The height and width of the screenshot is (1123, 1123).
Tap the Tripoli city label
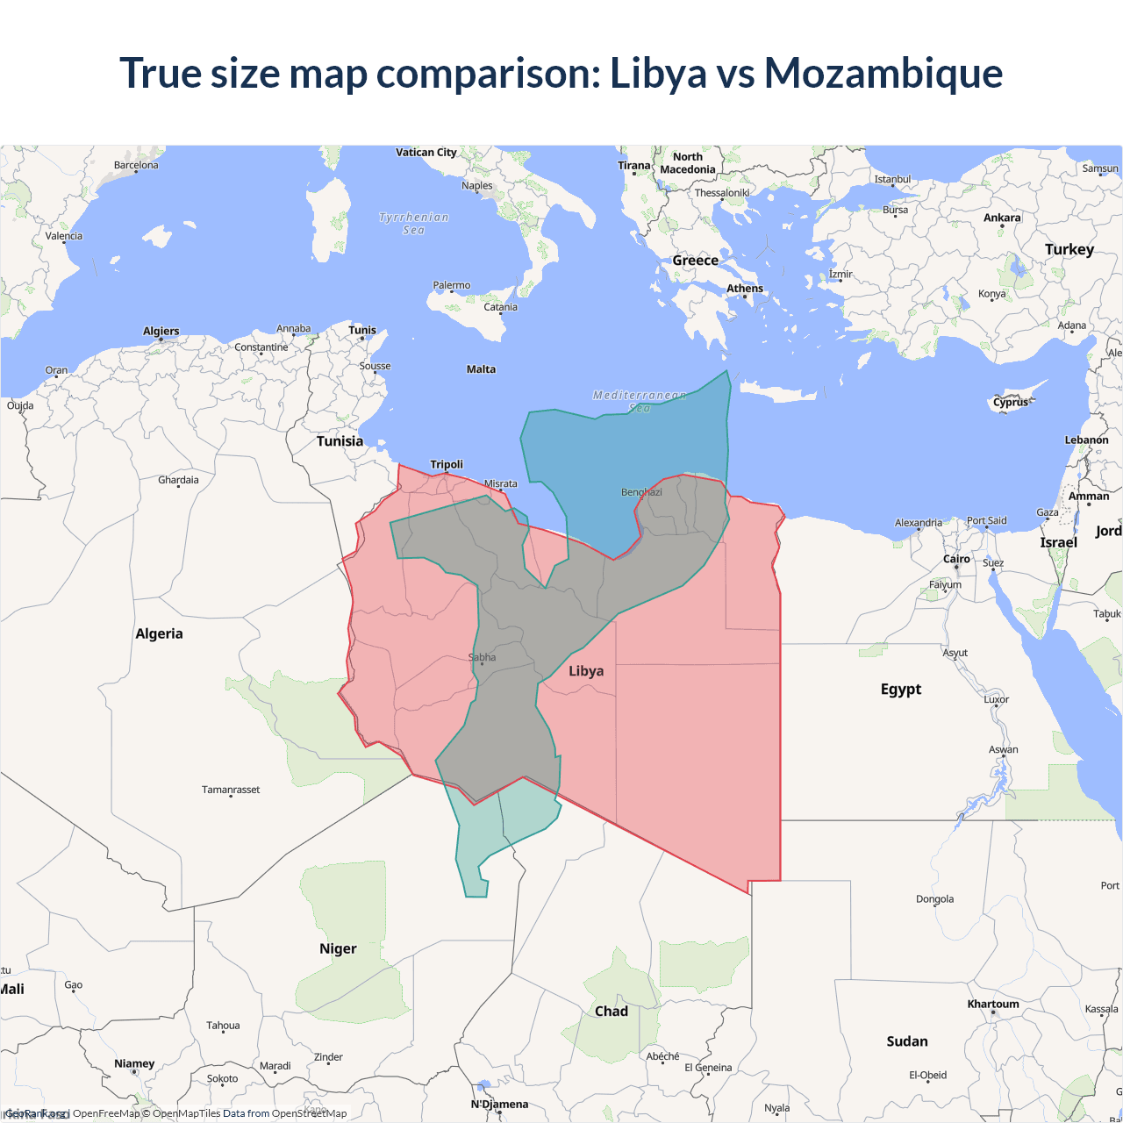[447, 464]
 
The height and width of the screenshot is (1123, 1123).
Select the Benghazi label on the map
[641, 492]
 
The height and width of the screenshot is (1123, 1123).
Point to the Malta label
[481, 369]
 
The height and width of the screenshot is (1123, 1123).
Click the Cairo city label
[956, 559]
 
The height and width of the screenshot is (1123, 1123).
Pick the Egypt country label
[901, 689]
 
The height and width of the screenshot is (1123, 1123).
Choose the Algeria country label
[159, 633]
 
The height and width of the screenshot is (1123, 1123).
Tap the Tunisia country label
[340, 441]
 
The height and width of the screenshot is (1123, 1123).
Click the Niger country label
[338, 948]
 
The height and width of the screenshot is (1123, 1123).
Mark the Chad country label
[612, 1011]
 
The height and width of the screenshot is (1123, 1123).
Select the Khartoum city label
[993, 1004]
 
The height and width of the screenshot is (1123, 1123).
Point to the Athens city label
[745, 289]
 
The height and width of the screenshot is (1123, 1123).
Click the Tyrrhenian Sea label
[413, 224]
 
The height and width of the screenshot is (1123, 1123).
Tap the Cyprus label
[1011, 402]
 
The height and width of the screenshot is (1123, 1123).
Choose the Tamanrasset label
[231, 790]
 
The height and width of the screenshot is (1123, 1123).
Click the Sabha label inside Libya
[482, 657]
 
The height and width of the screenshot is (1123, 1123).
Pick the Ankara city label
[1002, 218]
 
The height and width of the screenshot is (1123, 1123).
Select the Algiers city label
[161, 331]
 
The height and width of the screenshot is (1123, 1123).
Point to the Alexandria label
[919, 523]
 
